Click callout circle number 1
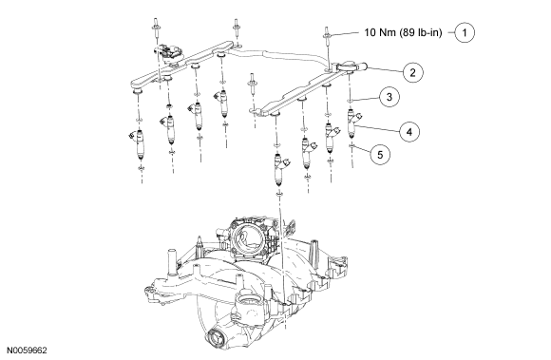pos(465,32)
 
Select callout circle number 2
pos(412,72)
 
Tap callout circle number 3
pos(389,97)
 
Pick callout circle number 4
pos(409,132)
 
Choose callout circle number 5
pos(380,154)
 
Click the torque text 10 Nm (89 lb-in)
pos(403,32)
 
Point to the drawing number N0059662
pos(27,351)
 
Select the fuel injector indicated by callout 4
pos(352,123)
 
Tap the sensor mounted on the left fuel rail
pos(169,52)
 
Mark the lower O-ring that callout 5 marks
pos(351,145)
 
